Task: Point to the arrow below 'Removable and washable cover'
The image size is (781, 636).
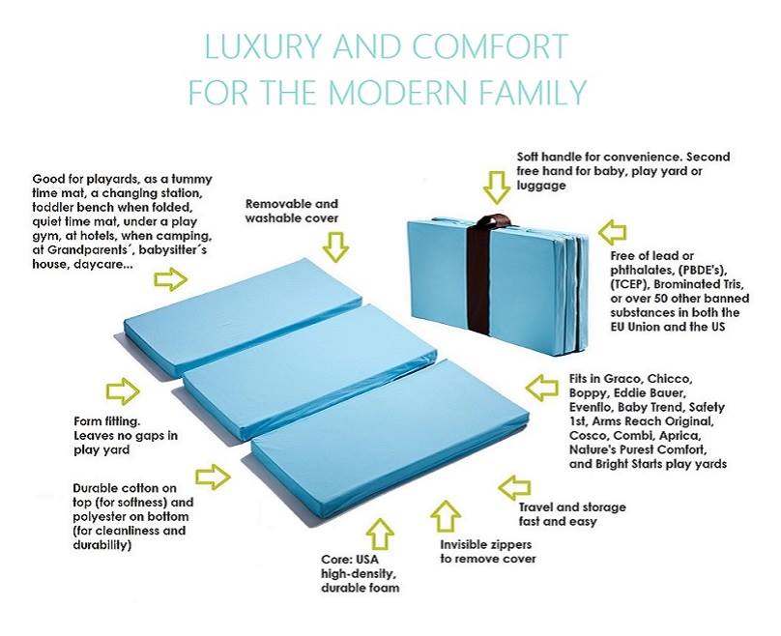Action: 335,246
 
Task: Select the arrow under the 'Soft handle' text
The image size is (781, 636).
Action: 497,188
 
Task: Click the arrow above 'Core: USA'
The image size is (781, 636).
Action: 380,534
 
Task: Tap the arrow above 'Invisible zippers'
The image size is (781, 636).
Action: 446,516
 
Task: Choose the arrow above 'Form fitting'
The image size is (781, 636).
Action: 123,390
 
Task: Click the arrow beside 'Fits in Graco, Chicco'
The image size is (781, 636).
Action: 542,388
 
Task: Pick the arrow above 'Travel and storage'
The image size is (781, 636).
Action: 514,487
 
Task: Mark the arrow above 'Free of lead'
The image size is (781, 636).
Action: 612,232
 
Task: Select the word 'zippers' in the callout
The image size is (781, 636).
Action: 512,545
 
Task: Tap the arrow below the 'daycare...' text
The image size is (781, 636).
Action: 171,279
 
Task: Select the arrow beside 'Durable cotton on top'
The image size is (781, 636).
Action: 214,477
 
